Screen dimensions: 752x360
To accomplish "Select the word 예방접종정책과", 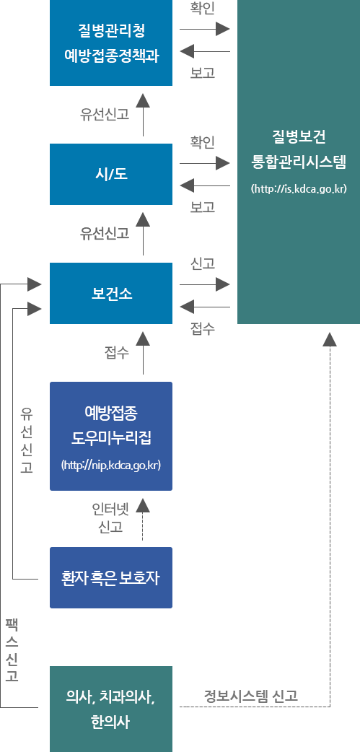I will tap(111, 54).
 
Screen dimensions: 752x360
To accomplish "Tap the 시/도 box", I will tap(111, 175).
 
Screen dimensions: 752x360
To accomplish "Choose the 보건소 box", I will tap(111, 294).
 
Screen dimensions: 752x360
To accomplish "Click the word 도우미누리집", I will tap(111, 437).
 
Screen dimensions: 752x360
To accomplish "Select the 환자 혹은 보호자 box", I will tap(111, 578).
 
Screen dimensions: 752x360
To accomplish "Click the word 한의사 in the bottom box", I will tap(111, 722).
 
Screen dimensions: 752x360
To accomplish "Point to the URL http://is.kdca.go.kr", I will tap(299, 189).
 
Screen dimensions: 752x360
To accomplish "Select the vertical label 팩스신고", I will tap(12, 650).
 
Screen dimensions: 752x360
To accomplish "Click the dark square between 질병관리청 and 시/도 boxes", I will tap(143, 100).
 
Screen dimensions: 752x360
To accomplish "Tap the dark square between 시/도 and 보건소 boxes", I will tap(143, 219).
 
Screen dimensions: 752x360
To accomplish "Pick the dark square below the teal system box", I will tap(330, 338).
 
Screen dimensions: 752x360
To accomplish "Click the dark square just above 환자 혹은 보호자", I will tap(143, 504).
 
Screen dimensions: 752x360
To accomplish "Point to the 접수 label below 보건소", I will tap(116, 351).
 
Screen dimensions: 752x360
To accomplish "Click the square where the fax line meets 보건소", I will tap(34, 284).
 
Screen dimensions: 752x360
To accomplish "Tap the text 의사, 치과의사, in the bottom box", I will tap(111, 697).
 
